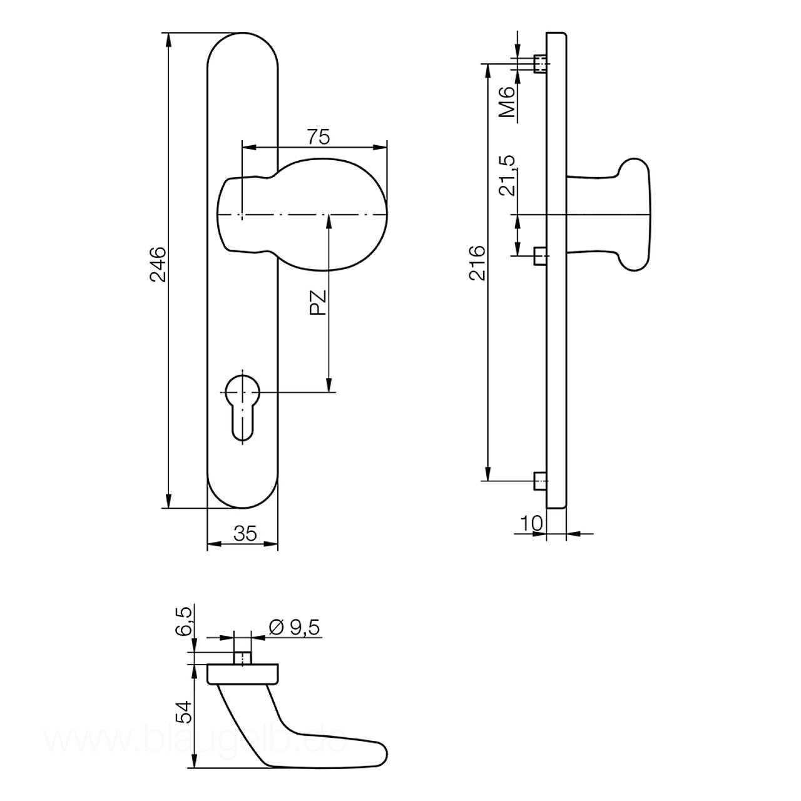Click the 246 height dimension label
tap(158, 264)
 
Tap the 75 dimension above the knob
tap(318, 136)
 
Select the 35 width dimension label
tap(245, 533)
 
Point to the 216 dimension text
tap(477, 263)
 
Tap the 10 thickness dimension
tap(531, 523)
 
